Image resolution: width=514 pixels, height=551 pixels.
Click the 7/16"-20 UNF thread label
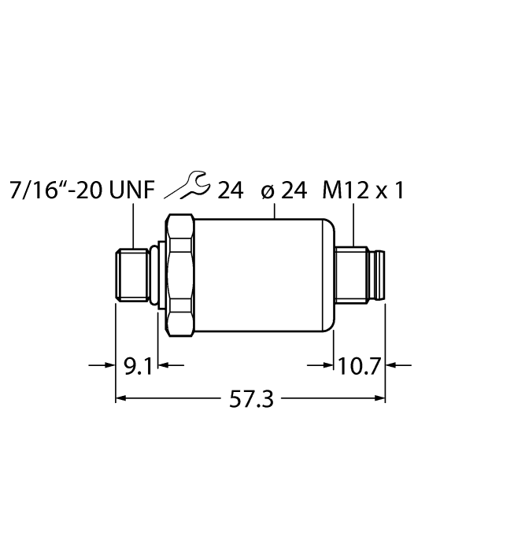pyautogui.click(x=82, y=190)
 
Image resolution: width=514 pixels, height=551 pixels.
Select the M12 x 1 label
pyautogui.click(x=364, y=190)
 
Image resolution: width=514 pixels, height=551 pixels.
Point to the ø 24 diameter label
pyautogui.click(x=283, y=190)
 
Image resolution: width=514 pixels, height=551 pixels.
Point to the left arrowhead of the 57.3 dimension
pyautogui.click(x=123, y=400)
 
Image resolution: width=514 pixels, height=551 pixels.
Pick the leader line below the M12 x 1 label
pyautogui.click(x=353, y=224)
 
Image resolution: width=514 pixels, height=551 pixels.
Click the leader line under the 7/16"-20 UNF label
pyautogui.click(x=133, y=224)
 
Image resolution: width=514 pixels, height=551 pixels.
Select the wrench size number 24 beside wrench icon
pyautogui.click(x=230, y=190)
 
